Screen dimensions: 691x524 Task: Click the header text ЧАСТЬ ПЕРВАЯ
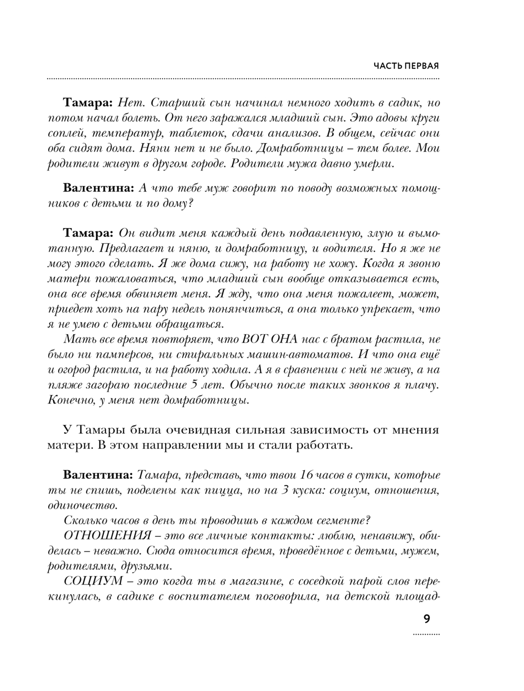tap(406, 66)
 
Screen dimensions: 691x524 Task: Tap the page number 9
tap(427, 619)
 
